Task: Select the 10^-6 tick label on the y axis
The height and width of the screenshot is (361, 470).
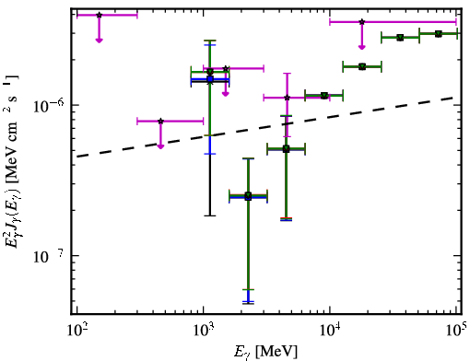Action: [49, 105]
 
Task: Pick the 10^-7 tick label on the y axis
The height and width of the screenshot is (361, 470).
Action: [49, 256]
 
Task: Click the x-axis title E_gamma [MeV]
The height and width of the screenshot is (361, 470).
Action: [265, 352]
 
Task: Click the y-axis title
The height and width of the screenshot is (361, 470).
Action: [12, 161]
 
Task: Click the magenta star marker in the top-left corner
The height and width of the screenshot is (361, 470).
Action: [99, 15]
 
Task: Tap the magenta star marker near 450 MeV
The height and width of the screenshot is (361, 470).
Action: [160, 121]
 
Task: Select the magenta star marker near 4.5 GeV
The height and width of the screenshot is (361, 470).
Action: [288, 98]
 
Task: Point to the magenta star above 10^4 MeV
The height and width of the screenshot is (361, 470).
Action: [362, 22]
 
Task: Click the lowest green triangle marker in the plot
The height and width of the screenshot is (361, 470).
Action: [248, 195]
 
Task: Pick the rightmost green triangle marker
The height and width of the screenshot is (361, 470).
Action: [439, 34]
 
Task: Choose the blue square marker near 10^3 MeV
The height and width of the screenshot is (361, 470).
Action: [210, 79]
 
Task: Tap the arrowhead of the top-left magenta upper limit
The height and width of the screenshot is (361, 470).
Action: [99, 40]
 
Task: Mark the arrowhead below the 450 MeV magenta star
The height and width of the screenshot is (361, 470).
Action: [160, 146]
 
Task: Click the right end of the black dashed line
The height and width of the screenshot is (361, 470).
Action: [453, 98]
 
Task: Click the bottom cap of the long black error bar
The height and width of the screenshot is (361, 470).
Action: [210, 215]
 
